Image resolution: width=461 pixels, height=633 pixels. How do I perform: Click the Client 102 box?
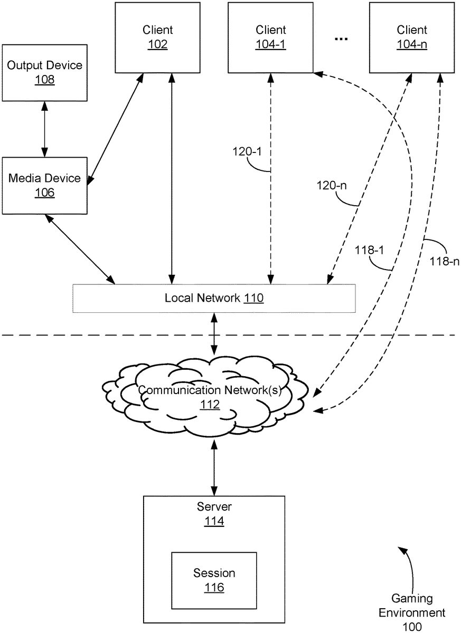click(x=157, y=37)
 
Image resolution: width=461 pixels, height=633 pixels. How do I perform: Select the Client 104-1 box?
click(x=270, y=37)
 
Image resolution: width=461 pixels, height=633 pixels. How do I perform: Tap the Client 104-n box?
click(x=411, y=37)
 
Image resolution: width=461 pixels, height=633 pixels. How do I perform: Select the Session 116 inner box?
click(x=214, y=580)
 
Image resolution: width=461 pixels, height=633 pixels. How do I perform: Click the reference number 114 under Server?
click(x=214, y=522)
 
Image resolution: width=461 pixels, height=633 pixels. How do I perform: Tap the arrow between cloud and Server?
click(x=214, y=467)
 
